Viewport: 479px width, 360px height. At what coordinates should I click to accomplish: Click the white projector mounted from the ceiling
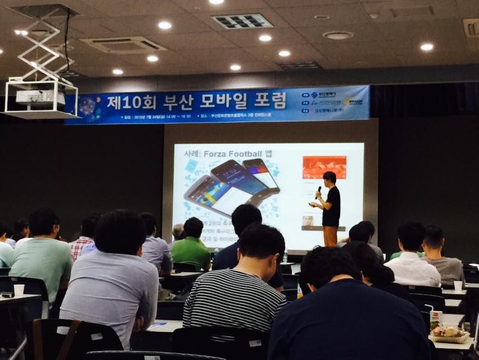pyautogui.click(x=40, y=98)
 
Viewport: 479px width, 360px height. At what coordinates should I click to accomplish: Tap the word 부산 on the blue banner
pyautogui.click(x=178, y=102)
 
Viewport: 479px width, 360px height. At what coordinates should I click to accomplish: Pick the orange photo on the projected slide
pyautogui.click(x=324, y=167)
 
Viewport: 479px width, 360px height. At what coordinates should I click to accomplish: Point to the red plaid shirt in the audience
pyautogui.click(x=80, y=247)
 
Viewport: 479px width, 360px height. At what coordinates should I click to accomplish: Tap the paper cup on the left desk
pyautogui.click(x=19, y=290)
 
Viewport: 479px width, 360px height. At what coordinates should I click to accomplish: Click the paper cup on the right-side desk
pyautogui.click(x=458, y=286)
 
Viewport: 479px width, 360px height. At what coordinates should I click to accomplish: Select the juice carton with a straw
pyautogui.click(x=436, y=321)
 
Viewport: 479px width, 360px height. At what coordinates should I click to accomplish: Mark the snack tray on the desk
pyautogui.click(x=450, y=335)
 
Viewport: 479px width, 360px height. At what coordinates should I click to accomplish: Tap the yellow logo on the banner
pyautogui.click(x=353, y=102)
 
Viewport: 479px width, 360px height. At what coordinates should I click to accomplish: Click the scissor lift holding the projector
pyautogui.click(x=44, y=51)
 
